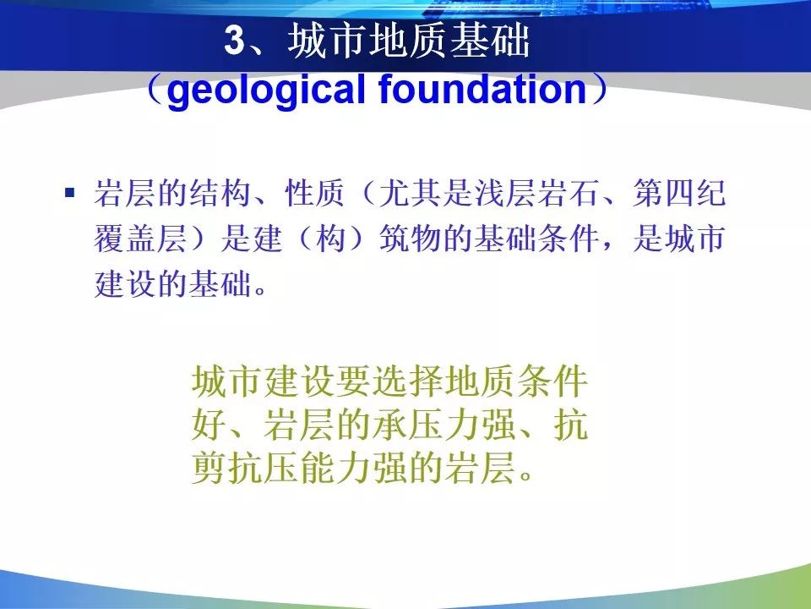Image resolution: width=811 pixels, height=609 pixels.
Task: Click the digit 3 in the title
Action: pyautogui.click(x=234, y=40)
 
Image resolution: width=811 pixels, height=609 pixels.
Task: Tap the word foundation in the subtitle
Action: pyautogui.click(x=482, y=88)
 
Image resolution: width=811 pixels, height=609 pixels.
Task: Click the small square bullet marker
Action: pyautogui.click(x=70, y=193)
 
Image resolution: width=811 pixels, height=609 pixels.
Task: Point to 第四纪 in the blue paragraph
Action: pyautogui.click(x=678, y=193)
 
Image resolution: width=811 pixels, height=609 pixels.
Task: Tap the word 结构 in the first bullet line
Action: pyautogui.click(x=220, y=193)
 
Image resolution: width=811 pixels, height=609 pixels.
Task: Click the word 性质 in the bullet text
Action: pyautogui.click(x=315, y=193)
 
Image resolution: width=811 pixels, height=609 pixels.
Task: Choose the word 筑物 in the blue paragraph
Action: pyautogui.click(x=411, y=239)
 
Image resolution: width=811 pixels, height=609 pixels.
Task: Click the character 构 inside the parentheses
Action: pyautogui.click(x=331, y=239)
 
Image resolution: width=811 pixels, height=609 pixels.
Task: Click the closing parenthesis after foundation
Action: pyautogui.click(x=600, y=89)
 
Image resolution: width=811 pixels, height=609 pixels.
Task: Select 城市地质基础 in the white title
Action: pyautogui.click(x=409, y=41)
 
